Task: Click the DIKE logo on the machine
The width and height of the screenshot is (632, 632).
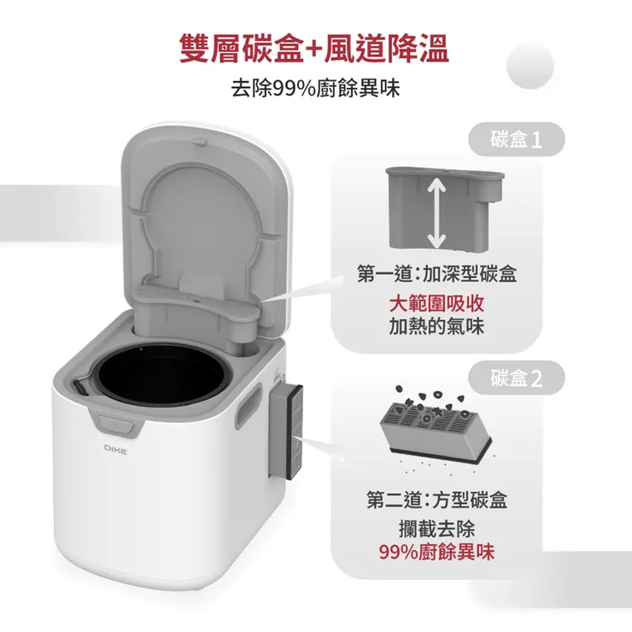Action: [x=115, y=448]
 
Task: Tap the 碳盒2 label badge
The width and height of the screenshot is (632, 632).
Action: [x=517, y=379]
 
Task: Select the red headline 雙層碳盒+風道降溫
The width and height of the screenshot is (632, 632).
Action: [x=314, y=48]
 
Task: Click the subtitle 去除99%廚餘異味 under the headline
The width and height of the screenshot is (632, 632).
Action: [x=315, y=88]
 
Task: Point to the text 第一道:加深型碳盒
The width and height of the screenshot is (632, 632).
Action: [x=436, y=276]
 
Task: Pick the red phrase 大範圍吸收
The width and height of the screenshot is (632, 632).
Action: [x=436, y=305]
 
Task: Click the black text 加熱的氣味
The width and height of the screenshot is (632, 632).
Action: [x=436, y=326]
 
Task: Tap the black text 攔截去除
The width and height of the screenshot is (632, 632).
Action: [x=436, y=529]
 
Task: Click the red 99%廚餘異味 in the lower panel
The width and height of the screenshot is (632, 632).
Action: [x=436, y=552]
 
